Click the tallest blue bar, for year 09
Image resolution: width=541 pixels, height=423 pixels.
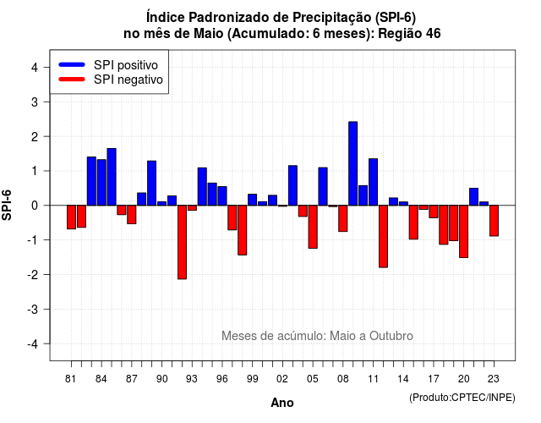[x=353, y=163]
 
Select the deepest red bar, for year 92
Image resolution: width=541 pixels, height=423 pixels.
[x=182, y=242]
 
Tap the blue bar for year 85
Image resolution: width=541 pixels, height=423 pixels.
[x=112, y=177]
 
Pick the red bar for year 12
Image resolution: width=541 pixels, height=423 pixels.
[x=383, y=236]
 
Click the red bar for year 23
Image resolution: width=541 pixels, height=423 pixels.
[x=494, y=221]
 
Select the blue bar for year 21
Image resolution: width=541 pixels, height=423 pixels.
[x=473, y=197]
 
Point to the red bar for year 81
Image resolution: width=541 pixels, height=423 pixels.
[x=71, y=217]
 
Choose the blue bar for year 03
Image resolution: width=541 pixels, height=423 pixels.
[x=292, y=185]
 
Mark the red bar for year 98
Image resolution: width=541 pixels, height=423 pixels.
[x=243, y=230]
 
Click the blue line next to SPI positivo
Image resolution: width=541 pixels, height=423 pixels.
[x=72, y=64]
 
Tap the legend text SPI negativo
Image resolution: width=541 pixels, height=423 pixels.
[x=128, y=80]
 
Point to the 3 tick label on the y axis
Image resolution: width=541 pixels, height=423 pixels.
[x=35, y=102]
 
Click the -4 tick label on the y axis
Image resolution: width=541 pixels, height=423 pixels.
[x=33, y=343]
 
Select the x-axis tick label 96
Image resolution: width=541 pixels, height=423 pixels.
[x=221, y=379]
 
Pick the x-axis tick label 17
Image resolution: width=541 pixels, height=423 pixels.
[x=434, y=379]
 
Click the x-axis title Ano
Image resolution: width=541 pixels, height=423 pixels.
[x=281, y=403]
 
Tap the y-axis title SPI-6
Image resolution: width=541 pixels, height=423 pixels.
[x=7, y=205]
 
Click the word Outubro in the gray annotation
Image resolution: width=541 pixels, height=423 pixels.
[x=391, y=336]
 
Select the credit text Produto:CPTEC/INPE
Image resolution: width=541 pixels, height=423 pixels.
[x=462, y=398]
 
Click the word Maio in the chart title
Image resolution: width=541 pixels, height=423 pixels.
[x=209, y=34]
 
